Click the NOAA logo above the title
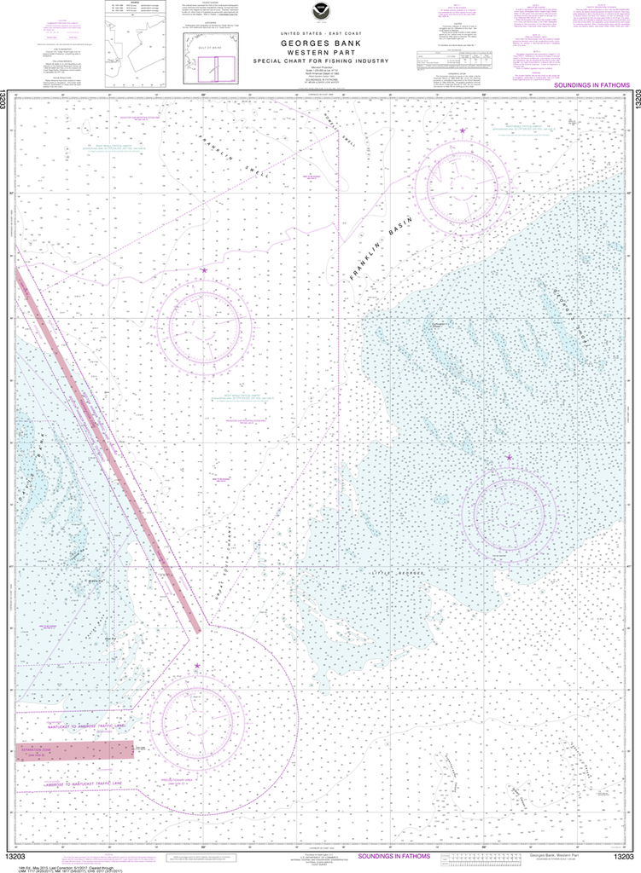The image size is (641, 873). (320, 12)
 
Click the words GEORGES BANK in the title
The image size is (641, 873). (320, 42)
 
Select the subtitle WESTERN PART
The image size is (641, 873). (320, 51)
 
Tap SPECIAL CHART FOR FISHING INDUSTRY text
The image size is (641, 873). (320, 61)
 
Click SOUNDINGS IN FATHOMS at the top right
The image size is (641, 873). (590, 86)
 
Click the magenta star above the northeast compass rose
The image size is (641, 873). (463, 130)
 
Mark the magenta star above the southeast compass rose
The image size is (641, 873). (510, 458)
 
